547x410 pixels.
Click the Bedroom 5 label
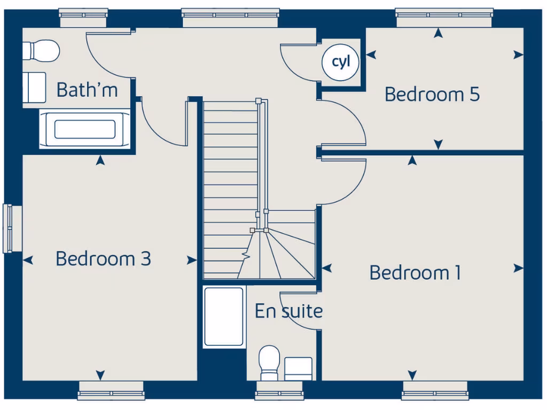[432, 94]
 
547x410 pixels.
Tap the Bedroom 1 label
[415, 273]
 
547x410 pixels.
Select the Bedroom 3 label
[103, 259]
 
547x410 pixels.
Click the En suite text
[288, 311]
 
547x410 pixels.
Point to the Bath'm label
[87, 90]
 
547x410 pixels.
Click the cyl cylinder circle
[341, 62]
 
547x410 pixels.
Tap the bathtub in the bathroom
[85, 129]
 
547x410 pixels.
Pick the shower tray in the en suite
[224, 317]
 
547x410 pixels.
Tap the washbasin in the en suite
[298, 369]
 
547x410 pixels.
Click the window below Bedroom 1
[435, 391]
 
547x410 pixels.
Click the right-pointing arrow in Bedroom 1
[518, 269]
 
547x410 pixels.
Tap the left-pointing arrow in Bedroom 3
[28, 260]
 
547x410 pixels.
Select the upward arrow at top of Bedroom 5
[438, 34]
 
